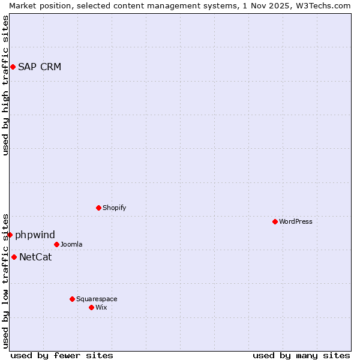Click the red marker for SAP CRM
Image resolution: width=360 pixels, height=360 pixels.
pyautogui.click(x=13, y=67)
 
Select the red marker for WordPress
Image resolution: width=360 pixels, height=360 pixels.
pyautogui.click(x=275, y=221)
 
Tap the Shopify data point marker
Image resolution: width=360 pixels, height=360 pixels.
pyautogui.click(x=98, y=208)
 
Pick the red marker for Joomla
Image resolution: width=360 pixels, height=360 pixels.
pyautogui.click(x=56, y=244)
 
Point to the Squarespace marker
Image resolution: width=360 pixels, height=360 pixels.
pyautogui.click(x=72, y=299)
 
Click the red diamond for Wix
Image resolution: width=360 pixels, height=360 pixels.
pyautogui.click(x=91, y=307)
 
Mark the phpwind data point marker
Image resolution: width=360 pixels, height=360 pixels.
pyautogui.click(x=10, y=235)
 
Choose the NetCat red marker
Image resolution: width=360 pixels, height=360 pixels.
pyautogui.click(x=14, y=257)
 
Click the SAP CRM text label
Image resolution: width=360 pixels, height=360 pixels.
pyautogui.click(x=40, y=67)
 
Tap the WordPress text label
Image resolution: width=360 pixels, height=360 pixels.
pyautogui.click(x=296, y=221)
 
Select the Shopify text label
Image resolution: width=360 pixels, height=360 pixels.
pyautogui.click(x=114, y=208)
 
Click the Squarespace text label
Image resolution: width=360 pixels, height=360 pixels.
pyautogui.click(x=97, y=299)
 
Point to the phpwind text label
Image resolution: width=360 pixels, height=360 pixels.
pyautogui.click(x=35, y=235)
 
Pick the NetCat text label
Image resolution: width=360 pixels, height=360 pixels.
pyautogui.click(x=35, y=257)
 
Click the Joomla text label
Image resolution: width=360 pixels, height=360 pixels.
pyautogui.click(x=71, y=244)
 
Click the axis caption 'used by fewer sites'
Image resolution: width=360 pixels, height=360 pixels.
pyautogui.click(x=62, y=355)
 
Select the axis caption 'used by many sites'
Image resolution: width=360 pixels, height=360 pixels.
pyautogui.click(x=301, y=355)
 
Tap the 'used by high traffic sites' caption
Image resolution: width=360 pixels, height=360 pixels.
pyautogui.click(x=5, y=85)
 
